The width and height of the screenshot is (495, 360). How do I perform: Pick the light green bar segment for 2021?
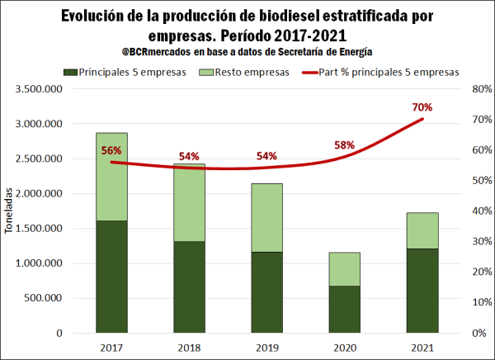[422, 230]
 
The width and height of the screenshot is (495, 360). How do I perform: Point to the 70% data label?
[422, 107]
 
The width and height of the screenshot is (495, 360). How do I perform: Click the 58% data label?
[344, 145]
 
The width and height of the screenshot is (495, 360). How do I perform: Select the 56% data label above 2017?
[111, 151]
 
